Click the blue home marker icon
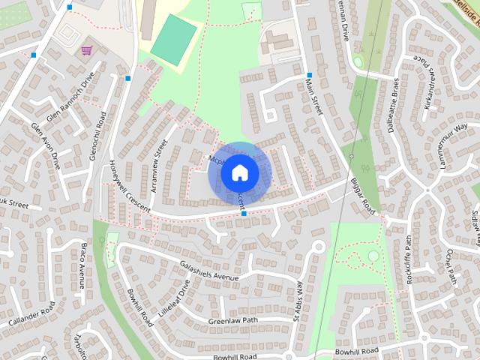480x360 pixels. pos(239,173)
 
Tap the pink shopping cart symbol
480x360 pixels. pos(87,51)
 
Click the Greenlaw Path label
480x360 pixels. pos(232,321)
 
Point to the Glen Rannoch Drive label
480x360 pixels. pos(72,94)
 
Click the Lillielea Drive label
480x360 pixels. pos(174,300)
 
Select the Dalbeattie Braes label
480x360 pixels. pos(392,106)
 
